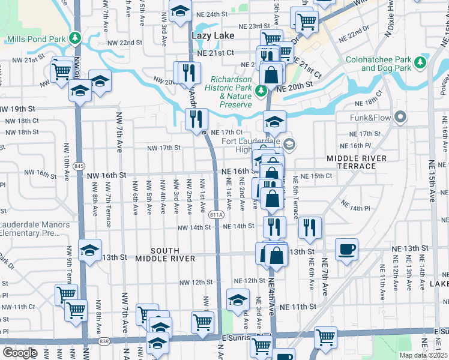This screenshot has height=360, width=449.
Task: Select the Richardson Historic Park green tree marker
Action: [261, 91]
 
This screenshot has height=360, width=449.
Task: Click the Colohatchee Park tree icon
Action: [421, 61]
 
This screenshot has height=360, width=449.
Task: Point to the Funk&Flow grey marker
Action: [401, 117]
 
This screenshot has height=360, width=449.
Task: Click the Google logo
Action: [19, 352]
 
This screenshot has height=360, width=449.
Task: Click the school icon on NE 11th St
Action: [238, 299]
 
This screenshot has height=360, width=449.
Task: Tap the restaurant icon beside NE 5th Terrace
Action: [310, 227]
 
